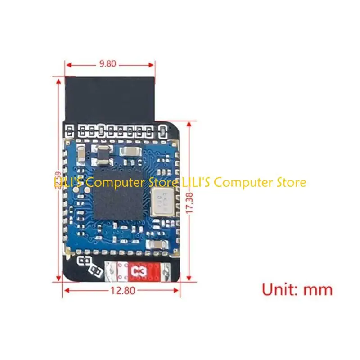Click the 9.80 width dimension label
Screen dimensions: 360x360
click(108, 63)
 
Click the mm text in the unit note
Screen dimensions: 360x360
click(318, 289)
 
